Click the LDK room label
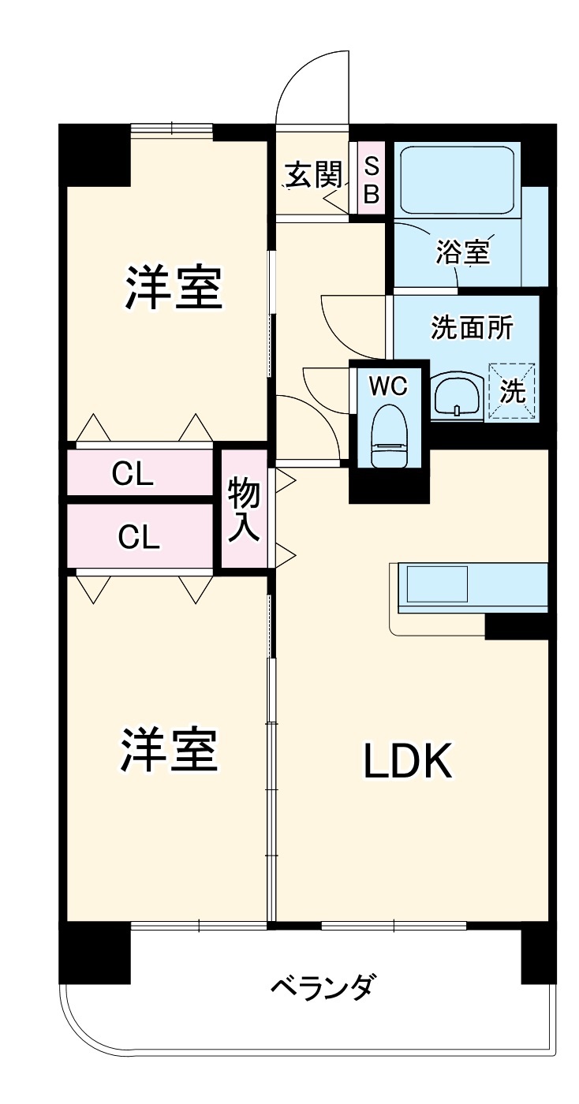(x=407, y=761)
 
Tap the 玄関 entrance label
(x=313, y=174)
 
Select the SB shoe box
(x=371, y=178)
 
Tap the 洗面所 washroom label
(x=472, y=327)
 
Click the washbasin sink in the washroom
(x=457, y=394)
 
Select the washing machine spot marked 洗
(x=513, y=391)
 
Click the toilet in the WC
(x=388, y=438)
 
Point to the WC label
(x=388, y=386)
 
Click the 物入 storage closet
(x=244, y=510)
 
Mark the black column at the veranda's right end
(x=538, y=955)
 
